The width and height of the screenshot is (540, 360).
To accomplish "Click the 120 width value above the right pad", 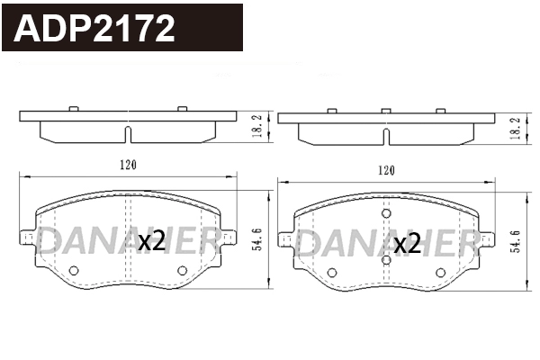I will click(386, 169).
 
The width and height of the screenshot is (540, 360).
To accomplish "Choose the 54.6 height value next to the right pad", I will click(516, 241).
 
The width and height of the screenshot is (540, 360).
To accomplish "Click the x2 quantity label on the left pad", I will click(150, 241).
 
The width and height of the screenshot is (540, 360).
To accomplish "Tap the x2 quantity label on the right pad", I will click(408, 242).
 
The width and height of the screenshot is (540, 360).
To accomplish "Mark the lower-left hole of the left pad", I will click(74, 270).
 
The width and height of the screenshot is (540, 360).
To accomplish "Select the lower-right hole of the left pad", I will click(182, 270).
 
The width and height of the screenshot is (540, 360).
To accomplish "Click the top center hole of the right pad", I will click(386, 214).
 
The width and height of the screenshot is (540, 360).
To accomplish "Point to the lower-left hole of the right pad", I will click(332, 272).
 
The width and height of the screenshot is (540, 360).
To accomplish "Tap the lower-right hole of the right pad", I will click(440, 272).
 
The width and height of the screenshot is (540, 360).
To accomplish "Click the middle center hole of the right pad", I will click(386, 260).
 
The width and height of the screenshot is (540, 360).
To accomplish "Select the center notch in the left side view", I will click(127, 135).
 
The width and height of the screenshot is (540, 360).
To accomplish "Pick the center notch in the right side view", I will click(386, 136).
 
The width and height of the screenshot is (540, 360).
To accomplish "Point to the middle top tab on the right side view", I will click(386, 111).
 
